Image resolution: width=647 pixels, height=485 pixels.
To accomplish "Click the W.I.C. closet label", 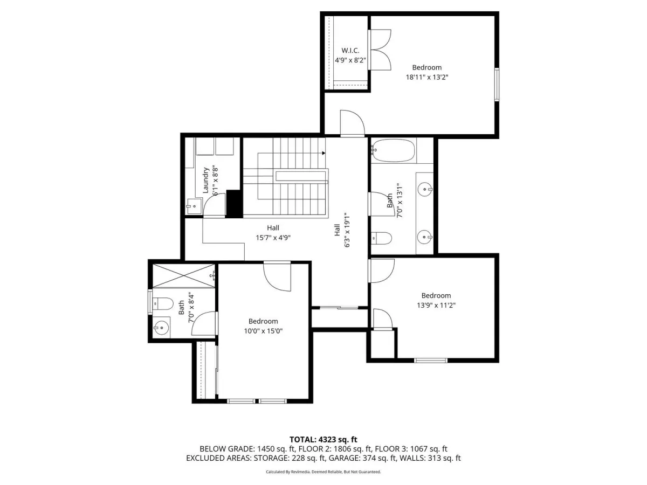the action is [x=350, y=50].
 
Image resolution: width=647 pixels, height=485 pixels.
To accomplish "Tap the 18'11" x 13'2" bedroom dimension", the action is [x=427, y=77].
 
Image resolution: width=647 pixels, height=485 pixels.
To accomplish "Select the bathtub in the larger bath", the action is [x=393, y=150].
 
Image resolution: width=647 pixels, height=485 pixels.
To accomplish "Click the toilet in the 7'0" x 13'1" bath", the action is [x=381, y=238].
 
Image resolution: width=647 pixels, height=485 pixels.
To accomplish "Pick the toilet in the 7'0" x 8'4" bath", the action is [x=162, y=303].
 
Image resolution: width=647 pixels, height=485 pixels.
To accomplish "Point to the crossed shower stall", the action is [x=184, y=276].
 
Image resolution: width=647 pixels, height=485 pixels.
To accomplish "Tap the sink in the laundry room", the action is [x=194, y=206].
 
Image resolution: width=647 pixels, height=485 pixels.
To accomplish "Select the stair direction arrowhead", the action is [x=323, y=153].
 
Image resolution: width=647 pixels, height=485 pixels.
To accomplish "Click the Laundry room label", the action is [x=205, y=180].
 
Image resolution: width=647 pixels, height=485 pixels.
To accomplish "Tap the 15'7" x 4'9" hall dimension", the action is [x=273, y=238].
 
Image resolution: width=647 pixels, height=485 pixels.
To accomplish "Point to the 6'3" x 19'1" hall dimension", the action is [x=347, y=230].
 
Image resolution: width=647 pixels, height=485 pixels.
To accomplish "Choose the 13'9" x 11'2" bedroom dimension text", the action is [x=436, y=306].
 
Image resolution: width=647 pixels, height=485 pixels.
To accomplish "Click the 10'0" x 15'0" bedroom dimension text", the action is [x=263, y=331].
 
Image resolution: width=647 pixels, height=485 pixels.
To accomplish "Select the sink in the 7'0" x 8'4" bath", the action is [x=162, y=328].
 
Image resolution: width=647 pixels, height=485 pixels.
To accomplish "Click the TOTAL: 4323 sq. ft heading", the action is [x=323, y=439].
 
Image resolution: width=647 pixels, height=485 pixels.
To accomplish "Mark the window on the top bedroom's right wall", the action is [x=497, y=85].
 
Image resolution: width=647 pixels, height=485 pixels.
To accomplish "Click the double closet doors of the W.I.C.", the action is [x=380, y=50].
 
